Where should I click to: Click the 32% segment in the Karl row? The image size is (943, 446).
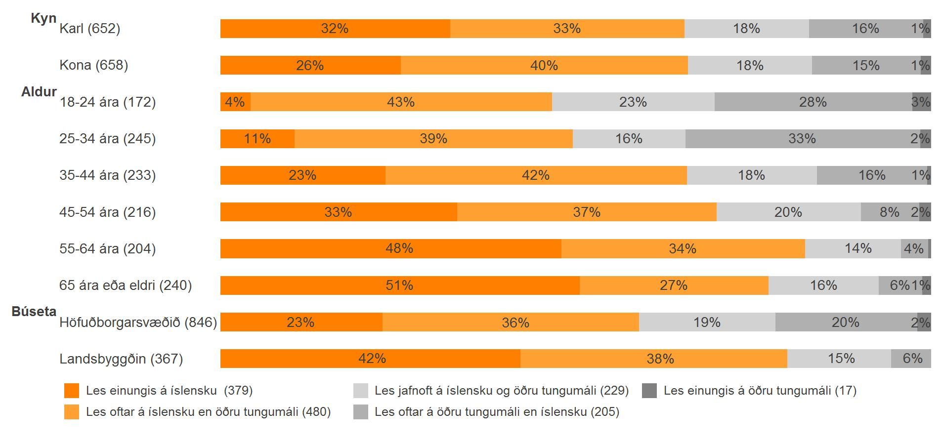pyautogui.click(x=335, y=29)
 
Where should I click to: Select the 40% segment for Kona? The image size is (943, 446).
pyautogui.click(x=544, y=65)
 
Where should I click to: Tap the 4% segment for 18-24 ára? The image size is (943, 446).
pyautogui.click(x=235, y=102)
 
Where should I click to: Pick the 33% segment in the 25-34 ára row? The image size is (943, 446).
pyautogui.click(x=802, y=139)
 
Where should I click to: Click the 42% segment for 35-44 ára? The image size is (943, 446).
pyautogui.click(x=536, y=175)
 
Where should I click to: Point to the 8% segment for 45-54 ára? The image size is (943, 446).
pyautogui.click(x=889, y=212)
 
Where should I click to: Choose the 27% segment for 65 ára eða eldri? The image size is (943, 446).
pyautogui.click(x=674, y=285)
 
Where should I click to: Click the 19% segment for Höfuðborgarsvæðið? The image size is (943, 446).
pyautogui.click(x=707, y=322)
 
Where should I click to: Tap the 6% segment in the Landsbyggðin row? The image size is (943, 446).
pyautogui.click(x=912, y=359)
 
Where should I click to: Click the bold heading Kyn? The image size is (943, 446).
pyautogui.click(x=43, y=18)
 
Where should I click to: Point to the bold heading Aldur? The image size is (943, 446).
pyautogui.click(x=39, y=92)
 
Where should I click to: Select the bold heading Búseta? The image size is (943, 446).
pyautogui.click(x=34, y=312)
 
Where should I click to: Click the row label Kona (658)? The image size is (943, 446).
pyautogui.click(x=94, y=65)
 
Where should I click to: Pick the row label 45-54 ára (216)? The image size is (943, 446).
pyautogui.click(x=108, y=212)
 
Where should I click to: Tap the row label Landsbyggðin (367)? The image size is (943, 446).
pyautogui.click(x=121, y=359)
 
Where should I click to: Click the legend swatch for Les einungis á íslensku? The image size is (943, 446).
pyautogui.click(x=72, y=391)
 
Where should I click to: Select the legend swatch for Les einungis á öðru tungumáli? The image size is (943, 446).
pyautogui.click(x=649, y=391)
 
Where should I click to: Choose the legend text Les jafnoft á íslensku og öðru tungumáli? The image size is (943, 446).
pyautogui.click(x=501, y=391)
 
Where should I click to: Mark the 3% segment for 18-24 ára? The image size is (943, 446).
pyautogui.click(x=921, y=102)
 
